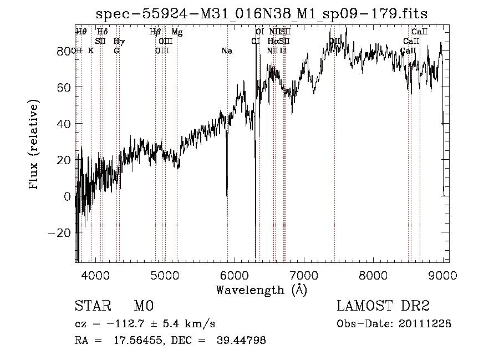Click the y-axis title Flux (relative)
tap(34, 145)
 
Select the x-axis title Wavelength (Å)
tap(261, 289)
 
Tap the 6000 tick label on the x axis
tap(235, 275)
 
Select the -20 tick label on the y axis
tap(60, 233)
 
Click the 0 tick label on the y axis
tap(68, 196)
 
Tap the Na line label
tap(226, 51)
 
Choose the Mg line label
tap(177, 32)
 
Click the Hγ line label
tap(119, 42)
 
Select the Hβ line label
tap(155, 32)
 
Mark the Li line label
tap(283, 51)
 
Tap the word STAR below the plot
tap(93, 306)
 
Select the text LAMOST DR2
tap(383, 306)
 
